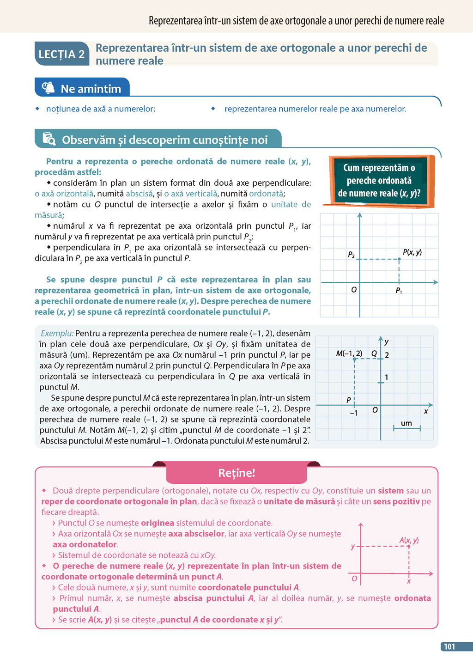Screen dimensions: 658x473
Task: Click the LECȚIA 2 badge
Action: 61,54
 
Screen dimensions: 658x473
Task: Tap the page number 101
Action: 449,646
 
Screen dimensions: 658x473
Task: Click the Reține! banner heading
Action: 236,473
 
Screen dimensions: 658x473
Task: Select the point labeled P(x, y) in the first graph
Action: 399,259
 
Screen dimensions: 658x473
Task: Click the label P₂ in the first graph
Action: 351,255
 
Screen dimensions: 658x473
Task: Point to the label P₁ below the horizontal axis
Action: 399,291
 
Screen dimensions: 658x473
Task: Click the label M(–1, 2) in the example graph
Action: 349,353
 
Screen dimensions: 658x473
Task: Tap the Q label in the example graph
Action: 374,353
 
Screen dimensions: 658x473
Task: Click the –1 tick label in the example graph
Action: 353,413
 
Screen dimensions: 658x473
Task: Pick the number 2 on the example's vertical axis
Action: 387,355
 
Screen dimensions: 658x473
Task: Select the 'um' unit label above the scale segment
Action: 406,423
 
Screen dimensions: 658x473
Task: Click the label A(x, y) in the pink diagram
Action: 409,540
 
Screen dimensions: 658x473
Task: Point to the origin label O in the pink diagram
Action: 354,579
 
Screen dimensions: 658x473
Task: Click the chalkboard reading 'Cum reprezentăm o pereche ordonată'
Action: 379,181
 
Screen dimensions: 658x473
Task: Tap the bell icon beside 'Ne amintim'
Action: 48,88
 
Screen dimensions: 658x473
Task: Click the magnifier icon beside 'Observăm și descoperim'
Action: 49,139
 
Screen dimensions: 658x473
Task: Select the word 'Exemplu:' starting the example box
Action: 57,333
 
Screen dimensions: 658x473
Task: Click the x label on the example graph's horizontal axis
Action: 426,411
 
